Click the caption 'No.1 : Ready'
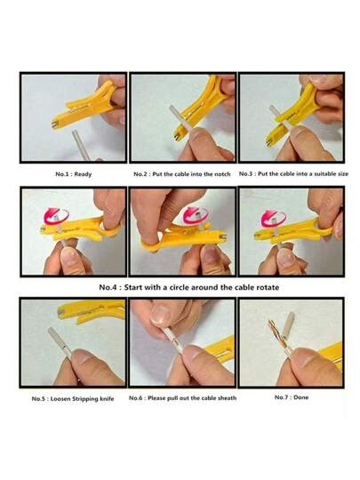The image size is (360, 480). click(74, 174)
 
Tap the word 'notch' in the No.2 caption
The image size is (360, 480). click(222, 174)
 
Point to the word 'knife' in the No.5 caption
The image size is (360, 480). click(106, 399)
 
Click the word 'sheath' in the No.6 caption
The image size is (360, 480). click(228, 398)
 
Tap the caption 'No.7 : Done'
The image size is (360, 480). click(292, 397)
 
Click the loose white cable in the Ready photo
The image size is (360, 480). click(81, 145)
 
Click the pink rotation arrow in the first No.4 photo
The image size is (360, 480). click(56, 215)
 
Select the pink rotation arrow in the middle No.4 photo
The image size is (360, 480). click(196, 215)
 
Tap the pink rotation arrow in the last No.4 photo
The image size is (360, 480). click(274, 218)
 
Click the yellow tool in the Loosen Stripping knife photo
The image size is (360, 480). click(92, 312)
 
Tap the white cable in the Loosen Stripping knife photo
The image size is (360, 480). click(60, 341)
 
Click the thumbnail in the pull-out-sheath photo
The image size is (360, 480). click(160, 316)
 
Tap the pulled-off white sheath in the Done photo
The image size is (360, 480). click(290, 324)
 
